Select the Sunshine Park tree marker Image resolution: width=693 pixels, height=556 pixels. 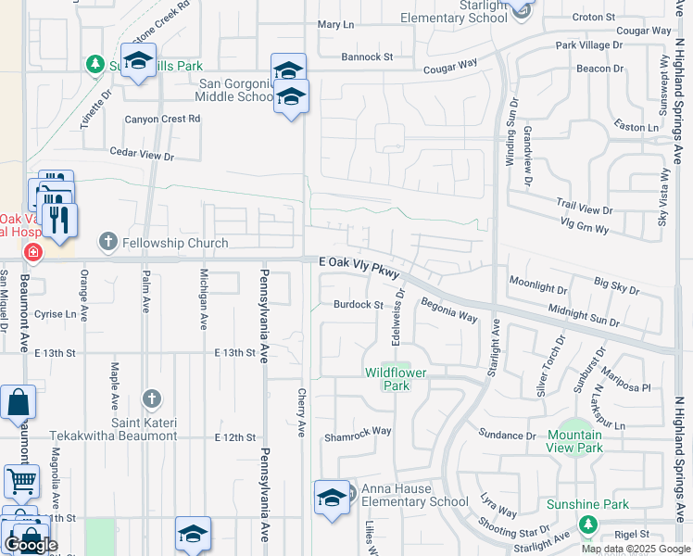(586, 524)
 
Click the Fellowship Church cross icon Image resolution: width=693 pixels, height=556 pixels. (107, 243)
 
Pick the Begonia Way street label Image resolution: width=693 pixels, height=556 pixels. (448, 310)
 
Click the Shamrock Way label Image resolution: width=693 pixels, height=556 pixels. (357, 433)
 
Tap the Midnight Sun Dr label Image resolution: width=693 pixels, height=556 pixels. (583, 314)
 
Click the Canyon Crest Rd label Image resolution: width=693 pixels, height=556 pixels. (163, 119)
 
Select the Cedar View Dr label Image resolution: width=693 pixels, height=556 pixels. (142, 155)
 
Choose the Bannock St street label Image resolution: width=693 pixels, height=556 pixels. (367, 57)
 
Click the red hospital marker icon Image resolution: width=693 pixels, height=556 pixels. (33, 252)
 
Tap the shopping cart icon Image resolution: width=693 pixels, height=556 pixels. (21, 481)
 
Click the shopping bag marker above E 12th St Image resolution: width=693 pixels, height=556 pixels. (19, 402)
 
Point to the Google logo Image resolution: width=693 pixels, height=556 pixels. (31, 545)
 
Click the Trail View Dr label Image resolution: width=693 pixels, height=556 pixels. (584, 208)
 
